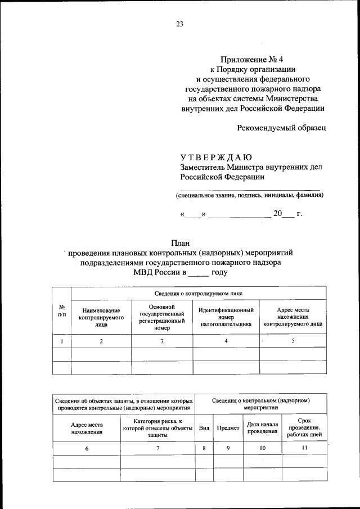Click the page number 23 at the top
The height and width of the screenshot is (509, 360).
[x=179, y=24]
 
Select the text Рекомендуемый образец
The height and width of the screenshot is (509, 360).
[x=281, y=128]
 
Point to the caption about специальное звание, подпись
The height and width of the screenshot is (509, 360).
[x=249, y=195]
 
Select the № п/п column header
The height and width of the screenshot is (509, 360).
[x=61, y=310]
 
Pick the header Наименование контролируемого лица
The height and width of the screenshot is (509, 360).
[x=101, y=317]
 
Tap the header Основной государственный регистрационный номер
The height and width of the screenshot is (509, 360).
[x=162, y=317]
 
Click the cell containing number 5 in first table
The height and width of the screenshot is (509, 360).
[x=293, y=341]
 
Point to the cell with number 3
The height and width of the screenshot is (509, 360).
[x=162, y=341]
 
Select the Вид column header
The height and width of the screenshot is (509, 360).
[x=204, y=428]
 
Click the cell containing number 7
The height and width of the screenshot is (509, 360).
[x=157, y=448]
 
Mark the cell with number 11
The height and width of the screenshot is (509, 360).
[x=304, y=448]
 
